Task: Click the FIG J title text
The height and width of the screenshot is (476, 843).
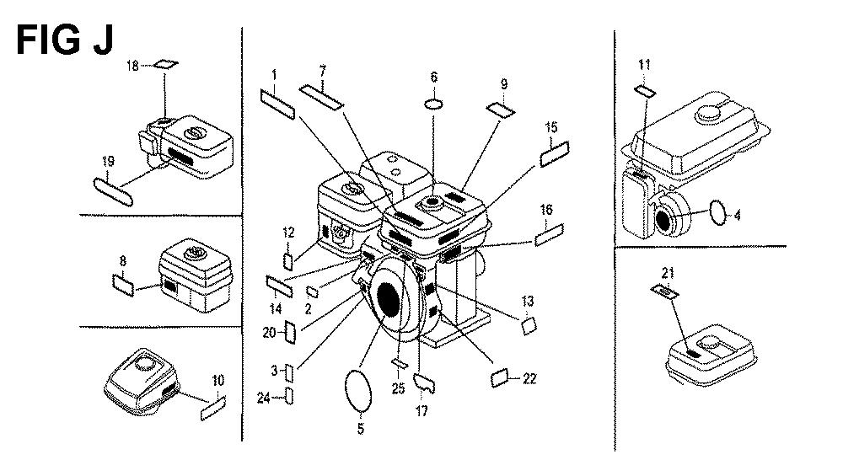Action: [x=64, y=40]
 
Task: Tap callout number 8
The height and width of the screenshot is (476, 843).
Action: [x=123, y=261]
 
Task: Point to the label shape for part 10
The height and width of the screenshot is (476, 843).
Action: [x=212, y=411]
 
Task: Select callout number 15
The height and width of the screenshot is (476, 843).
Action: [x=551, y=127]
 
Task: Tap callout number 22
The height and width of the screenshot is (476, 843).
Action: [x=529, y=378]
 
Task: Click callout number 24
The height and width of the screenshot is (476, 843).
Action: [x=263, y=398]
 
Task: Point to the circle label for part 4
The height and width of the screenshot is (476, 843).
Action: [x=717, y=210]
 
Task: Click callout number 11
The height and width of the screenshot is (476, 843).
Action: [x=644, y=64]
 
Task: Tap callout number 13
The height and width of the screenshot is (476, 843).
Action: [x=528, y=301]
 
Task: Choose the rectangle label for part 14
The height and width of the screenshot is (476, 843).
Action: [x=279, y=284]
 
